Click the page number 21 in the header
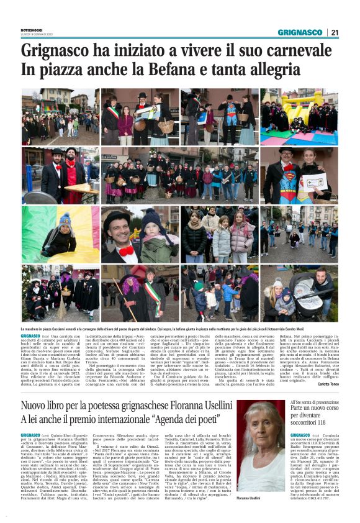click(335, 32)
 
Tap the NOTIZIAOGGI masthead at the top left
click(34, 30)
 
